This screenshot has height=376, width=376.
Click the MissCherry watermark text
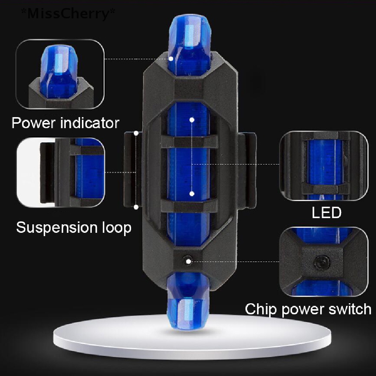(68, 14)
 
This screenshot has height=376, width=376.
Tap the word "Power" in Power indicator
(33, 123)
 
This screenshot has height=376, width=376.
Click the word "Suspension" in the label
(57, 228)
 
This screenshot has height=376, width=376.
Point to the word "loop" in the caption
(117, 227)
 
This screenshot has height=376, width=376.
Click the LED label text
(326, 213)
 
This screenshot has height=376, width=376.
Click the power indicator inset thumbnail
(60, 74)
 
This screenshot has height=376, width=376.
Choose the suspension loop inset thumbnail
(61, 172)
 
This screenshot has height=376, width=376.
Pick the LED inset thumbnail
(324, 166)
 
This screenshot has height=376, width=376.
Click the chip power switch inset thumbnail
(324, 261)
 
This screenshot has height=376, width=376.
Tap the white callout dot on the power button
(188, 261)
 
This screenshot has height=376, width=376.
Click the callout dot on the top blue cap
(171, 58)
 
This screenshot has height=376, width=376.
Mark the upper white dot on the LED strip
(192, 120)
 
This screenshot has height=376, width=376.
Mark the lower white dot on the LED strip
(192, 194)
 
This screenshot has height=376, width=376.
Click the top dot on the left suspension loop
(136, 133)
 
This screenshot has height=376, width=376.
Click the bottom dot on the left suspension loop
(136, 207)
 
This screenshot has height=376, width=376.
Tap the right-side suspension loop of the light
(247, 170)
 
